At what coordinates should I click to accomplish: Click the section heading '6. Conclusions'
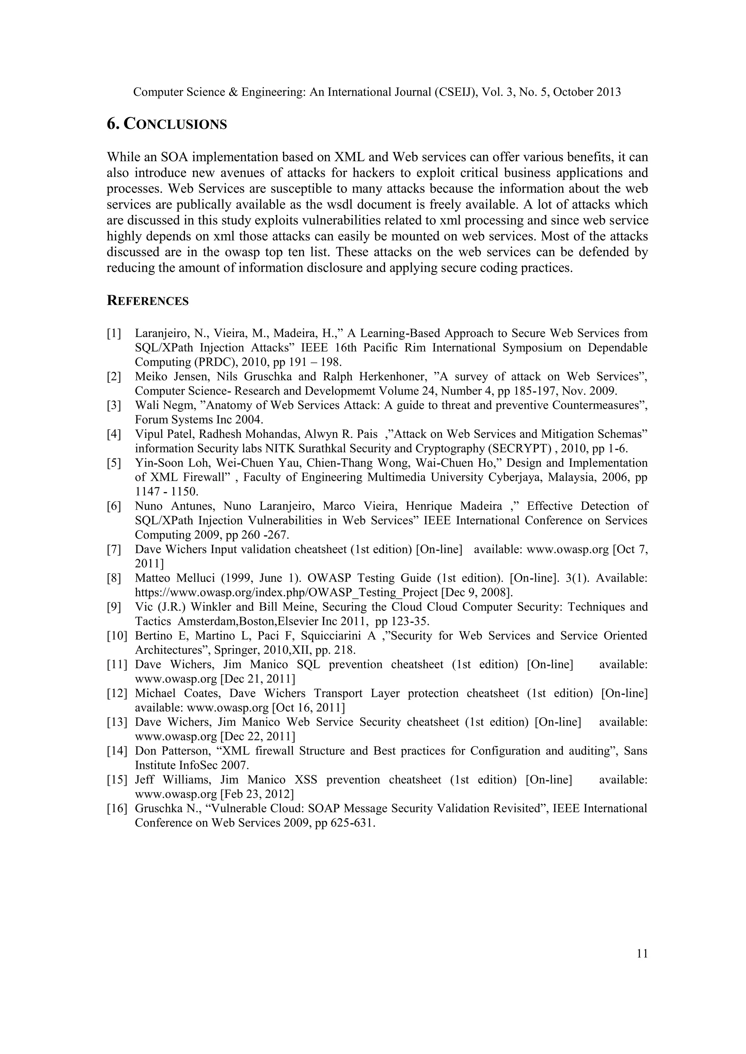(167, 124)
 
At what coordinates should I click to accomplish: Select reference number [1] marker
(114, 333)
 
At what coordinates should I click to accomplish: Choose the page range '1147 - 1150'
(166, 492)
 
